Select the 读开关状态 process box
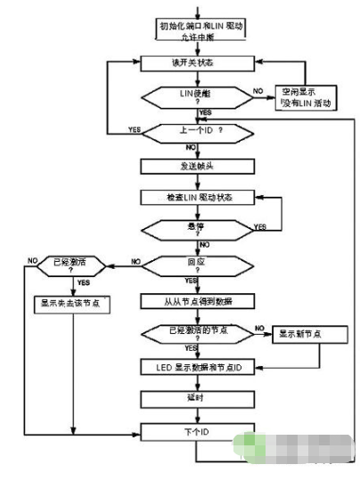click(x=198, y=64)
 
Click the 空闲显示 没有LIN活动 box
click(x=306, y=97)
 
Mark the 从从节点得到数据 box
click(x=198, y=299)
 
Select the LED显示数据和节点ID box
click(x=198, y=366)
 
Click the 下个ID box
click(x=198, y=431)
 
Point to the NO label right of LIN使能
click(x=258, y=91)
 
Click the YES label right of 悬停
click(x=259, y=227)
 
